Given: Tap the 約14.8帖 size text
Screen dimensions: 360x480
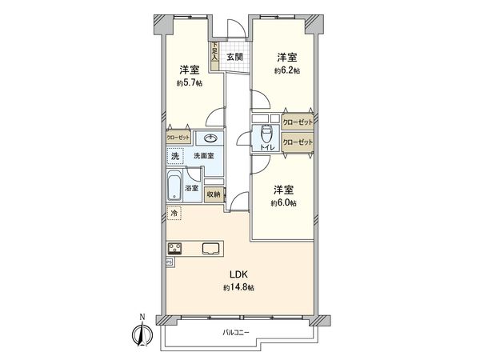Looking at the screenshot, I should click(x=239, y=287).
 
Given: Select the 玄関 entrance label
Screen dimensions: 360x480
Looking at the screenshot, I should click(x=234, y=57).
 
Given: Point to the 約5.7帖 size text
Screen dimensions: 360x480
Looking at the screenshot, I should click(x=190, y=82).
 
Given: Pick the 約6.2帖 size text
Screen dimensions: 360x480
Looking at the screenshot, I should click(x=287, y=70).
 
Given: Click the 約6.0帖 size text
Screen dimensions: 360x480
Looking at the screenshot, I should click(x=283, y=203).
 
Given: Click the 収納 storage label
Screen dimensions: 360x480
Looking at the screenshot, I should click(x=213, y=194).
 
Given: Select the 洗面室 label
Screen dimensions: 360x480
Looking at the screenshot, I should click(x=203, y=155).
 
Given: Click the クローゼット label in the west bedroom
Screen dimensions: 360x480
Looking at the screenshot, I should click(x=178, y=138).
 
